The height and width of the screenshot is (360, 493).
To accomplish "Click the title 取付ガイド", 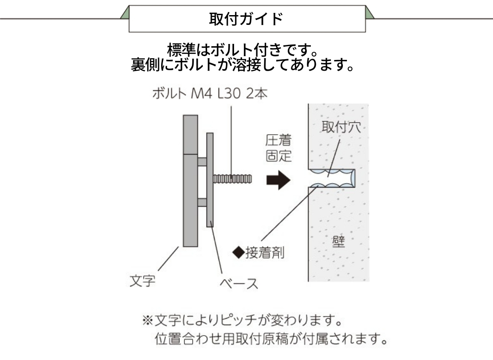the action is point(246,19).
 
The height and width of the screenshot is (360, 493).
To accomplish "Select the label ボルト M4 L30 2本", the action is point(210,93).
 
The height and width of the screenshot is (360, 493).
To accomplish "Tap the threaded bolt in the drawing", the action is point(232,179).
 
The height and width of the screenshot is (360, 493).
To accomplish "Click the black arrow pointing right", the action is point(278,180).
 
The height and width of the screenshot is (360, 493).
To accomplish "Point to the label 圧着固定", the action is point(278,148).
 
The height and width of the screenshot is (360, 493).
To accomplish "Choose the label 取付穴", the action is point(341,127).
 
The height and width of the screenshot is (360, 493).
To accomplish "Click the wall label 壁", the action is point(338,241).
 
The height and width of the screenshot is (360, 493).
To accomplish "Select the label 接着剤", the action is point(265,252).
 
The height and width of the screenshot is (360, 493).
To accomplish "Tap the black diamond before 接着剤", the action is point(239,252).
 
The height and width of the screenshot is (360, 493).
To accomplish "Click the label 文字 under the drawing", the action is point(143,280).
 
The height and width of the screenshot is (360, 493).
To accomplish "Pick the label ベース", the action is point(239,284).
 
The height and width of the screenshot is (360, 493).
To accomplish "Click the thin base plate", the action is point(210,180).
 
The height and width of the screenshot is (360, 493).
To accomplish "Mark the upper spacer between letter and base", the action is point(202,162).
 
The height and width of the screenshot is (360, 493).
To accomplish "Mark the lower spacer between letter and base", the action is point(202,202).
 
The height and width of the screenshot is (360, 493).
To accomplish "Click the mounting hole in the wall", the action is point(332,178).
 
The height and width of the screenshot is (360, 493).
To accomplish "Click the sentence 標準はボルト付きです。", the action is point(243,49).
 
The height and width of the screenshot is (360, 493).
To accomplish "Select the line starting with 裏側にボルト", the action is point(243,64).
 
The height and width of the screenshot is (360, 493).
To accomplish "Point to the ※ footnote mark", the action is point(148,320).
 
